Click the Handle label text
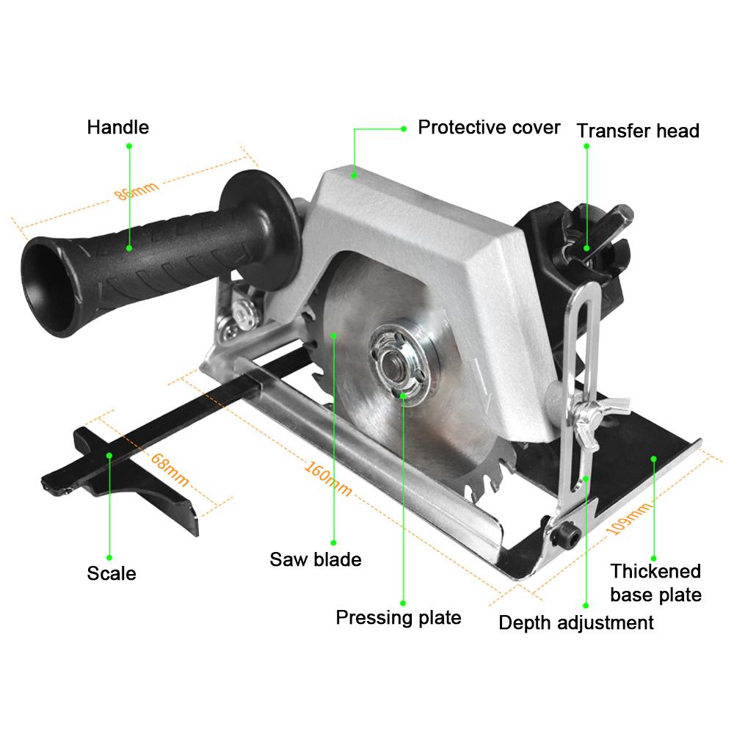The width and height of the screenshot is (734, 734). pos(117,127)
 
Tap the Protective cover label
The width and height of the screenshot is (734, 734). pos(489,127)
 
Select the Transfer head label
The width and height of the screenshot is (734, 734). pos(637,131)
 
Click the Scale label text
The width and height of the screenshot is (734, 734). pos(112,573)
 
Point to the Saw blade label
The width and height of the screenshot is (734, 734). pos(316,559)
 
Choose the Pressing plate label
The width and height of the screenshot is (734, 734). pos(399,617)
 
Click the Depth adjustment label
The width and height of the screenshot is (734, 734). pos(576,623)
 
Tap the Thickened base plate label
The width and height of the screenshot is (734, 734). pos(655,583)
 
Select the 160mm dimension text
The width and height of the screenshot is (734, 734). pos(327,477)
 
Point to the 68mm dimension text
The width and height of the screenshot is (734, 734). pos(170,470)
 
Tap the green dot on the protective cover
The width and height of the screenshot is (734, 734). pos(354,175)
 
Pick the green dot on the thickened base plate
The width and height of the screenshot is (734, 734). pos(653,457)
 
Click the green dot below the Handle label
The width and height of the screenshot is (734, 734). pos(129,146)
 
